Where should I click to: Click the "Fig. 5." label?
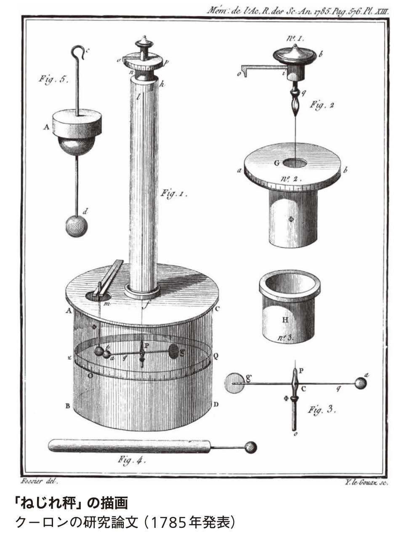53,79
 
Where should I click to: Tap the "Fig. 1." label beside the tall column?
173,194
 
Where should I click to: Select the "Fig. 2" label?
322,105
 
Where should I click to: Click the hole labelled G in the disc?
296,162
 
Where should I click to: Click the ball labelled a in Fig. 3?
361,383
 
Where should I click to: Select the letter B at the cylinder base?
67,406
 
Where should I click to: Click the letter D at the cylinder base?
216,405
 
